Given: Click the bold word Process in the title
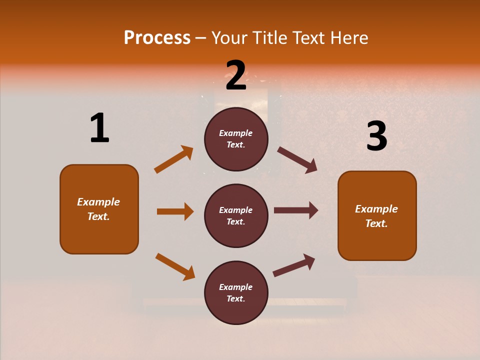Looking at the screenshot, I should [x=157, y=38].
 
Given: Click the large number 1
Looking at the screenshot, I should [x=99, y=128].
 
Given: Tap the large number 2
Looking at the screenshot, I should [x=236, y=75].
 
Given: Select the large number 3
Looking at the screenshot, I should [x=376, y=136].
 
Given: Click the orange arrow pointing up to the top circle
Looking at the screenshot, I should [x=173, y=159].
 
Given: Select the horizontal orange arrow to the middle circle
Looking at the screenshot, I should [x=175, y=211].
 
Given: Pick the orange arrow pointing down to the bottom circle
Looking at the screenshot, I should [x=175, y=266].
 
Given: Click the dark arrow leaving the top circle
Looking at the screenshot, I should [x=297, y=159].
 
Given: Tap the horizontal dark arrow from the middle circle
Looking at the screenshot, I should [x=295, y=210].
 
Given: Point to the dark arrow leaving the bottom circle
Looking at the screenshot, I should [x=294, y=265].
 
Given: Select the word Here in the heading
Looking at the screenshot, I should [x=348, y=38].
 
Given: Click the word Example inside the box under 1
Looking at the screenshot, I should [x=98, y=202].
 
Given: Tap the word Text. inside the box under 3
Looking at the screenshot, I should [x=376, y=223].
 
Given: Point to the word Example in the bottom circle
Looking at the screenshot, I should [x=236, y=287].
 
